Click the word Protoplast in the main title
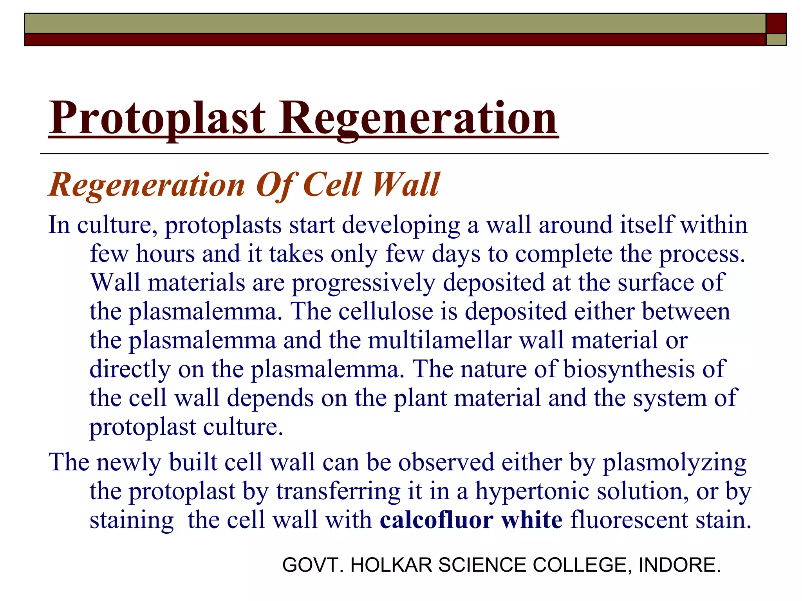click(x=157, y=118)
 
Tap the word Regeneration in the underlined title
click(x=418, y=118)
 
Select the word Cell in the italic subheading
click(x=332, y=184)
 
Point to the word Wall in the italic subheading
click(x=406, y=184)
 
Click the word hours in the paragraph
click(x=165, y=254)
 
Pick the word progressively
click(x=363, y=283)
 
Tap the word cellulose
click(x=386, y=311)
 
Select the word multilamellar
click(x=439, y=340)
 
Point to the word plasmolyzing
click(x=674, y=463)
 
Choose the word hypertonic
click(x=532, y=491)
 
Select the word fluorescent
click(x=629, y=520)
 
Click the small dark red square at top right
click(x=776, y=23)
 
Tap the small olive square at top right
click(x=776, y=40)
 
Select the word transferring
click(x=338, y=491)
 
